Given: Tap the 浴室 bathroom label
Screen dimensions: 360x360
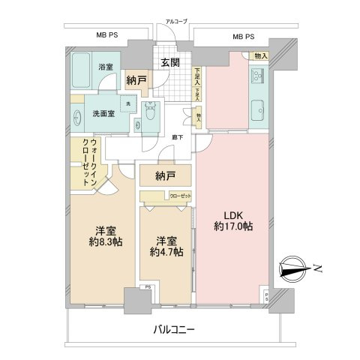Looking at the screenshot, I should point(105,67).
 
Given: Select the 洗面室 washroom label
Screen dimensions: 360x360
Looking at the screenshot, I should point(103,114).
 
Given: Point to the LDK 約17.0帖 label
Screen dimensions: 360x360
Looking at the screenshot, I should point(231,220).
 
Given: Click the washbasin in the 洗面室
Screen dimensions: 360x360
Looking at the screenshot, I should point(79,117).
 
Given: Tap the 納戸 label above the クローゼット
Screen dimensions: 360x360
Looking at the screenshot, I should point(165,177).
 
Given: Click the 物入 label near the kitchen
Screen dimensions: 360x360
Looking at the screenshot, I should point(261,55).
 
